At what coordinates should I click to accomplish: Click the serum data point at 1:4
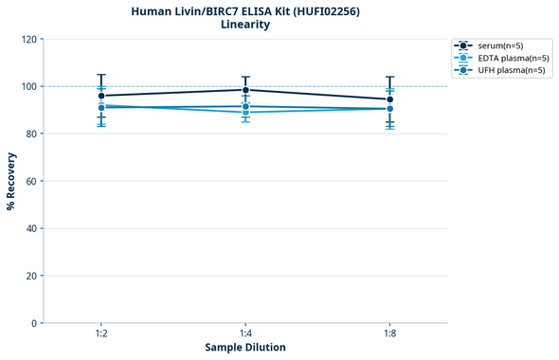coord(245,90)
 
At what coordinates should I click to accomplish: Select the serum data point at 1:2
coord(101,96)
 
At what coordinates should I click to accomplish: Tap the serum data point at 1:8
coord(390,99)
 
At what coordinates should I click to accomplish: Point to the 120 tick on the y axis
coord(29,39)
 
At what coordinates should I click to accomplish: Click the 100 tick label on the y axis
coord(29,86)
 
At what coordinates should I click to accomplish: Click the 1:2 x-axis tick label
coord(101,333)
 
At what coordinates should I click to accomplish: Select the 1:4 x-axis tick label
coord(245,333)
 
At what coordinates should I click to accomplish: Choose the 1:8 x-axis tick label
coord(390,333)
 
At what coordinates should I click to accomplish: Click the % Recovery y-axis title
coord(11,181)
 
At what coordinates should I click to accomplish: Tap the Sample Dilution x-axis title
coord(245,348)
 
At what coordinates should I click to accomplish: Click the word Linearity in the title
coord(245,25)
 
